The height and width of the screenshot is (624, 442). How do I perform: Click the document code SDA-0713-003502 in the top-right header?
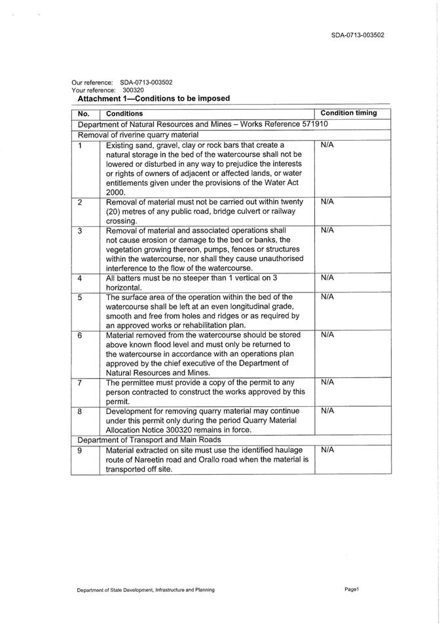(x=358, y=35)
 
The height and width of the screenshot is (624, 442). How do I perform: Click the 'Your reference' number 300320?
(x=132, y=90)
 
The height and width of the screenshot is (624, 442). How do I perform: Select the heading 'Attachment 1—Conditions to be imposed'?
(x=154, y=99)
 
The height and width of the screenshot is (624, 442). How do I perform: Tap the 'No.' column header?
(x=83, y=114)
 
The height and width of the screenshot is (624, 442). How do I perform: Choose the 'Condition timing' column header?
(x=349, y=113)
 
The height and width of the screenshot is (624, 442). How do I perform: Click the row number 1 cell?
(x=80, y=145)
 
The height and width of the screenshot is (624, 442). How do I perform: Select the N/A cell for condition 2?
(x=328, y=202)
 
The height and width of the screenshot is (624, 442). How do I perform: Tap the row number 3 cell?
(x=80, y=231)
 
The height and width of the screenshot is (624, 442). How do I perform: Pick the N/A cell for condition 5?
(x=328, y=297)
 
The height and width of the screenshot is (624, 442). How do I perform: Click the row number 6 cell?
(x=80, y=335)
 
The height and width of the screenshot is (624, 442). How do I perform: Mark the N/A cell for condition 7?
(x=328, y=382)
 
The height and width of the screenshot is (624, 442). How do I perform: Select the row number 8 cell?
(x=80, y=411)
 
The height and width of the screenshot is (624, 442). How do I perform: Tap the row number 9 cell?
(x=80, y=450)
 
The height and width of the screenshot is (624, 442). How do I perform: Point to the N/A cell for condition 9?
(x=328, y=450)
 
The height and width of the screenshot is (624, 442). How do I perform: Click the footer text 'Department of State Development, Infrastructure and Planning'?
(x=145, y=590)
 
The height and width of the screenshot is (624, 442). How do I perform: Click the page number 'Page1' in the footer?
(x=352, y=589)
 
